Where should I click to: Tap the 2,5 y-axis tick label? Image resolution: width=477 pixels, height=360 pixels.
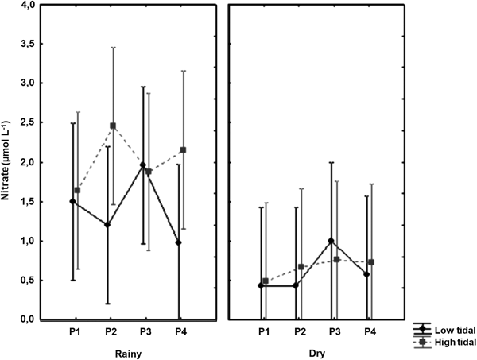[26, 122]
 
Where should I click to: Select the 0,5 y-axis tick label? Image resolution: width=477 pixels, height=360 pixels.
[26, 280]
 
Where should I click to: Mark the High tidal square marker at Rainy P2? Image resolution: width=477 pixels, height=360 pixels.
[113, 126]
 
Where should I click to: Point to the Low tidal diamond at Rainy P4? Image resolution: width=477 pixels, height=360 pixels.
[180, 242]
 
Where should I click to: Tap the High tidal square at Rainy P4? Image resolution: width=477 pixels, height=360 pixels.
[184, 150]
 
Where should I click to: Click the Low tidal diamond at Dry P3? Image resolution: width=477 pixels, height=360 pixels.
[332, 241]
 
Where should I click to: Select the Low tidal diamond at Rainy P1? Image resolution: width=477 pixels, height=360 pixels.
[73, 201]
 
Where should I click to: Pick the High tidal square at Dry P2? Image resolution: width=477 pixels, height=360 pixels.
[301, 267]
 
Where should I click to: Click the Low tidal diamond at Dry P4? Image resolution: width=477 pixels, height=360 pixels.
[367, 274]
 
